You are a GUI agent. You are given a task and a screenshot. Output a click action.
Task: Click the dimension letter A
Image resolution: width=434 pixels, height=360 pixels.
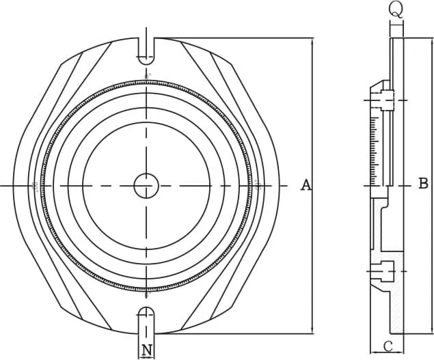[x=306, y=185]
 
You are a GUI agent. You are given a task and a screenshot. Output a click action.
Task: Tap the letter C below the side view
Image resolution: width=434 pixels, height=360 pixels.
[x=387, y=346]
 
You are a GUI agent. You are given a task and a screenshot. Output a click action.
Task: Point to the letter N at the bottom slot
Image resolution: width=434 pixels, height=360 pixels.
[x=146, y=350]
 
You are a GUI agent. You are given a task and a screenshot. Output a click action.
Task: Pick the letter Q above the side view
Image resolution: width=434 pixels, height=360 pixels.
[x=396, y=9]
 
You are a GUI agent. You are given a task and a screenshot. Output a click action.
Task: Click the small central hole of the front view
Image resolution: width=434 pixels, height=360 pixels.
[x=146, y=185]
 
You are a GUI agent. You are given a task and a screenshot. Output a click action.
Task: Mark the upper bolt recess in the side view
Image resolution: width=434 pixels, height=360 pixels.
[x=386, y=100]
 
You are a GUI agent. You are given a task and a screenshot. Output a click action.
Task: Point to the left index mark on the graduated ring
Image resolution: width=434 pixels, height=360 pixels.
[x=35, y=185]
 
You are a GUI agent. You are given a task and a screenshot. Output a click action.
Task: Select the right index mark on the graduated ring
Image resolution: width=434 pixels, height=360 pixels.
[x=257, y=185]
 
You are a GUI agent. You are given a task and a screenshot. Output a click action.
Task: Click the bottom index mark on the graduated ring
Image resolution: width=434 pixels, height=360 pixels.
[x=146, y=296]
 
